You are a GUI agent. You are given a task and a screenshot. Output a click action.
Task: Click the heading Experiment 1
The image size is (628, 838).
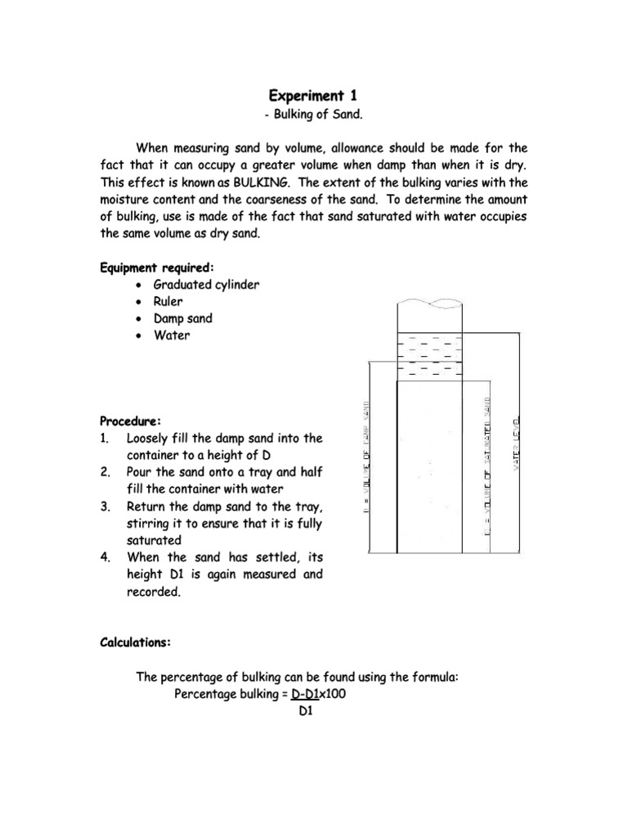[x=314, y=96]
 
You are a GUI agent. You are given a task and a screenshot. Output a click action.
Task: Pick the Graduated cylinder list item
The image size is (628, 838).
[x=206, y=285]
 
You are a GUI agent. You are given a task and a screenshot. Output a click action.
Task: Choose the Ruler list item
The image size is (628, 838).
[x=168, y=301]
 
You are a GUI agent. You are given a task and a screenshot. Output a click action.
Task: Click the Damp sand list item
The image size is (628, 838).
[x=182, y=318]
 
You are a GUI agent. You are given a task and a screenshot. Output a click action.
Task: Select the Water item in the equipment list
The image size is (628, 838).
[x=172, y=336]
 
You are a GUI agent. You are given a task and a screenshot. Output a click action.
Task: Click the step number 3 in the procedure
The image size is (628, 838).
[x=105, y=507]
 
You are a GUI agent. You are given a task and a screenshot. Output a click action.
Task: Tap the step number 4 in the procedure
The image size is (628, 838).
[x=105, y=557]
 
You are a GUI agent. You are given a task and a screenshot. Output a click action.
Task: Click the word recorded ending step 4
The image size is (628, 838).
[x=153, y=592]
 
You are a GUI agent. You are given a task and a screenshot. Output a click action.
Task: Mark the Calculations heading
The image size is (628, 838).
[x=136, y=643]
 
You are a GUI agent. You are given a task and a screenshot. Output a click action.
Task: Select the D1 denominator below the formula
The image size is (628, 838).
[x=307, y=712]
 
